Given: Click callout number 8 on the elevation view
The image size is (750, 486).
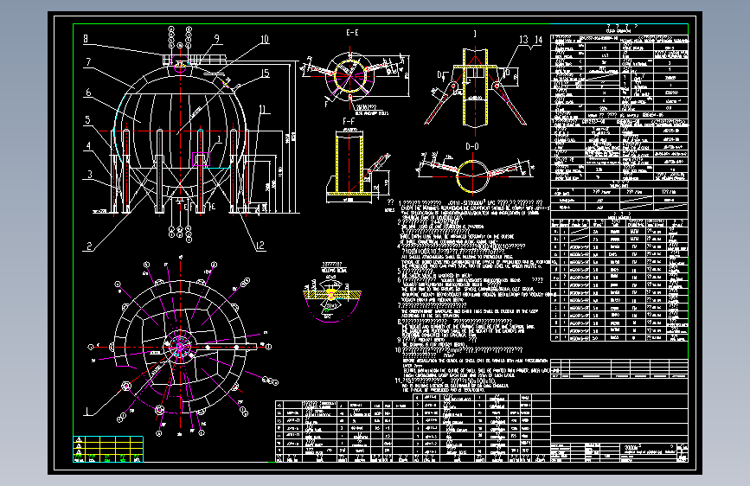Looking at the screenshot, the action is click(86, 38).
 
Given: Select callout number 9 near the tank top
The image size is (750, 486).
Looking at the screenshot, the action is click(217, 38).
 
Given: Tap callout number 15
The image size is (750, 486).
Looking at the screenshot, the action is click(266, 73).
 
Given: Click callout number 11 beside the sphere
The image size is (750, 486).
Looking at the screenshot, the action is click(262, 109).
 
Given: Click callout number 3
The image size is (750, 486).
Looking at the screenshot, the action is click(87, 175).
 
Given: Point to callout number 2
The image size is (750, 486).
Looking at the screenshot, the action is click(87, 245).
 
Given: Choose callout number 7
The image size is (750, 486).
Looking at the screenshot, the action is click(87, 62).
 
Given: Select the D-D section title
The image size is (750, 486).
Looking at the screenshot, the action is click(472, 146).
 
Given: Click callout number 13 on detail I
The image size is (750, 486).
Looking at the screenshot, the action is click(523, 40).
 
